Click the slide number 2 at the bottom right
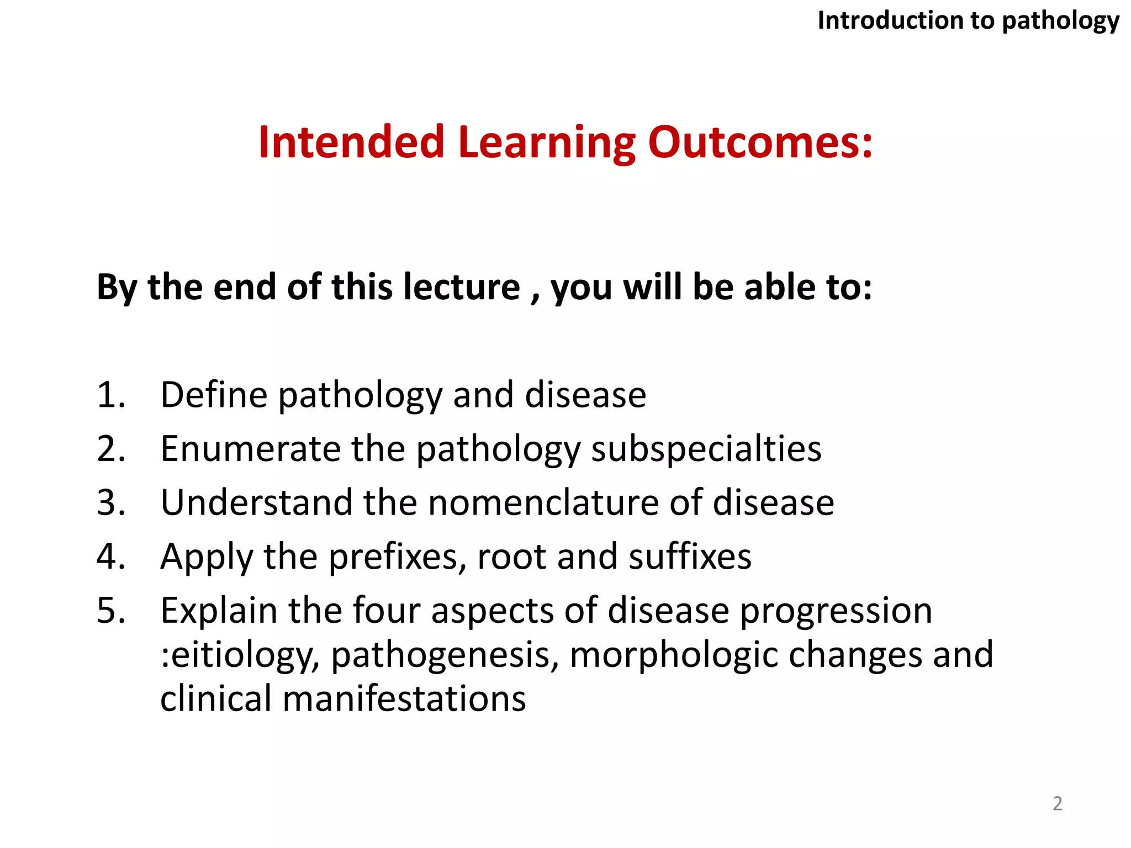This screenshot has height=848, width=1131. (1057, 803)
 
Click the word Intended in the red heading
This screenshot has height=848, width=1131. (351, 142)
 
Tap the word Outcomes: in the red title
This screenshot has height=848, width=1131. (760, 142)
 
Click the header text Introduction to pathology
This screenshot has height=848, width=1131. (968, 21)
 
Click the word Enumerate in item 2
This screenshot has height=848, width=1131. (250, 448)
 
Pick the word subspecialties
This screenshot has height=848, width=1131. (706, 449)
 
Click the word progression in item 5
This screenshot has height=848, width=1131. (836, 612)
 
